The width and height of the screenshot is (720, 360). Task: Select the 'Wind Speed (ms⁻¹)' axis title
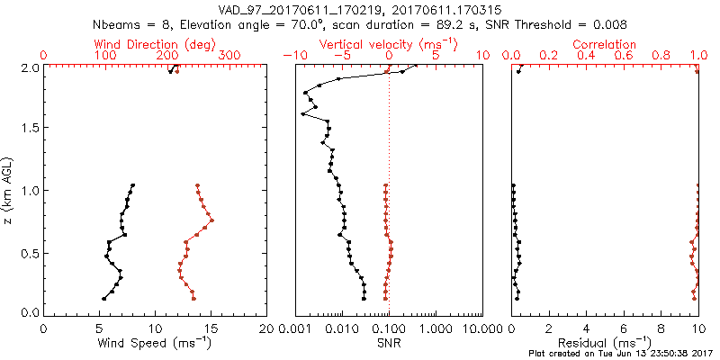point(154,343)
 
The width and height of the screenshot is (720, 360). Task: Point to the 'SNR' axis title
point(389,343)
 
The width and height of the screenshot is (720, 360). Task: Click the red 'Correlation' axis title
point(605,43)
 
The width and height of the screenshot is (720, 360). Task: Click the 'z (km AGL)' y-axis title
point(12,190)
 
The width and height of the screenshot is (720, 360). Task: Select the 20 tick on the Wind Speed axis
point(265,329)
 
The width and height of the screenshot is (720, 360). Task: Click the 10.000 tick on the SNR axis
point(481,329)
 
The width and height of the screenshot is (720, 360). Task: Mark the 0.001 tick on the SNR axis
point(295,329)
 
